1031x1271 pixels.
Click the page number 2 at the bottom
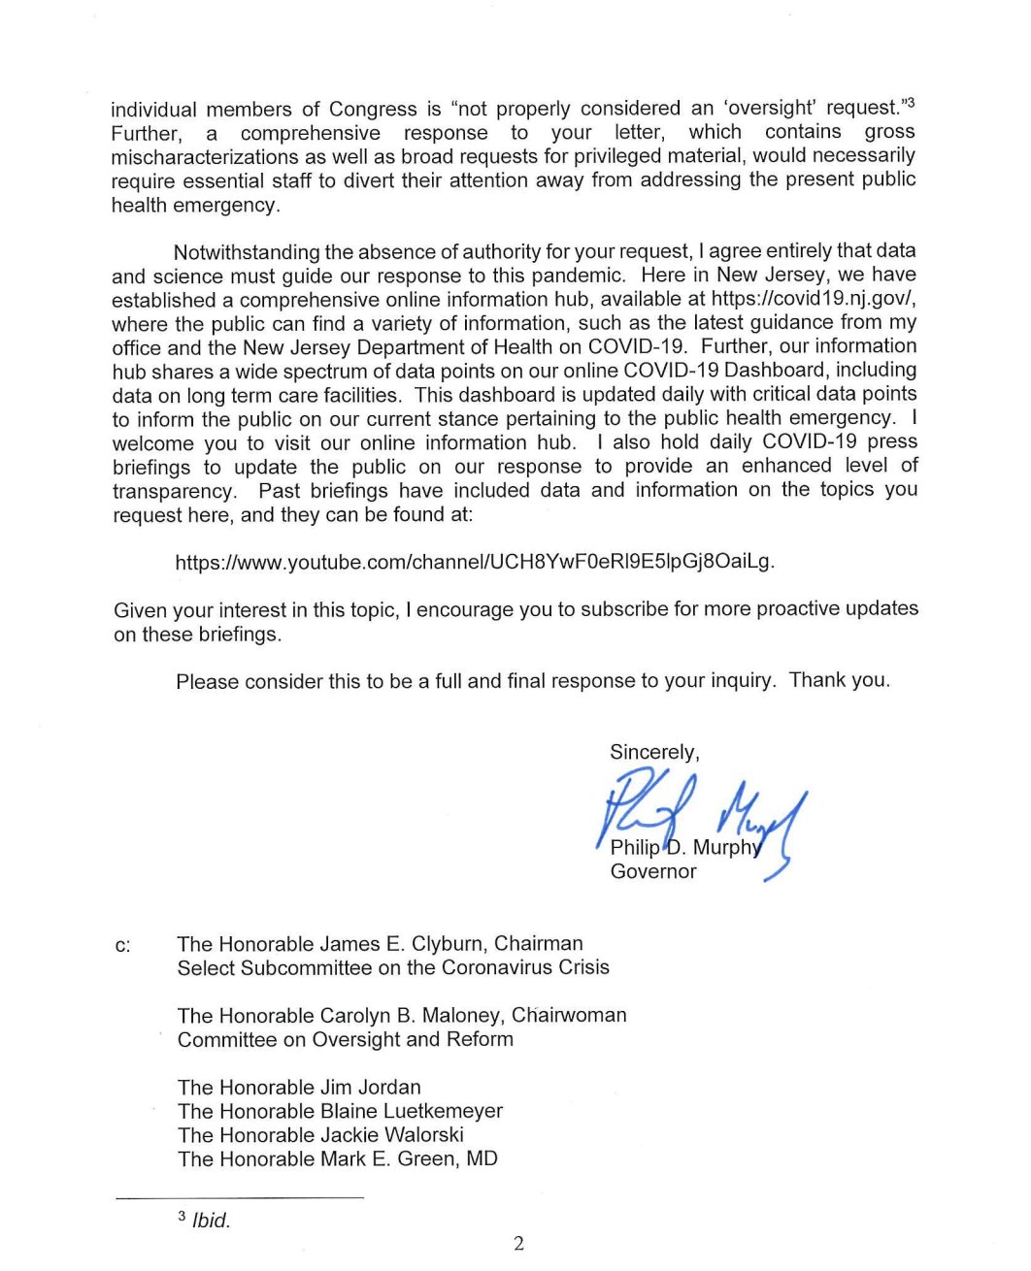coord(518,1244)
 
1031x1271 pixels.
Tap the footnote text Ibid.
coord(211,1221)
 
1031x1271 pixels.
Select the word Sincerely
coord(653,752)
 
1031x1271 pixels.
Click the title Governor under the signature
coord(652,871)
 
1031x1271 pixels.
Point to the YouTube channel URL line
coord(475,562)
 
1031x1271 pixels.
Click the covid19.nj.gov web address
coord(813,299)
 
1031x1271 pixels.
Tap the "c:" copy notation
coord(122,945)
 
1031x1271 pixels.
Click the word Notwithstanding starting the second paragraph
coord(246,252)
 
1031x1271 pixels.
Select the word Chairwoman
coord(569,1015)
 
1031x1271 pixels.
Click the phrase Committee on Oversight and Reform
coord(345,1039)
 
